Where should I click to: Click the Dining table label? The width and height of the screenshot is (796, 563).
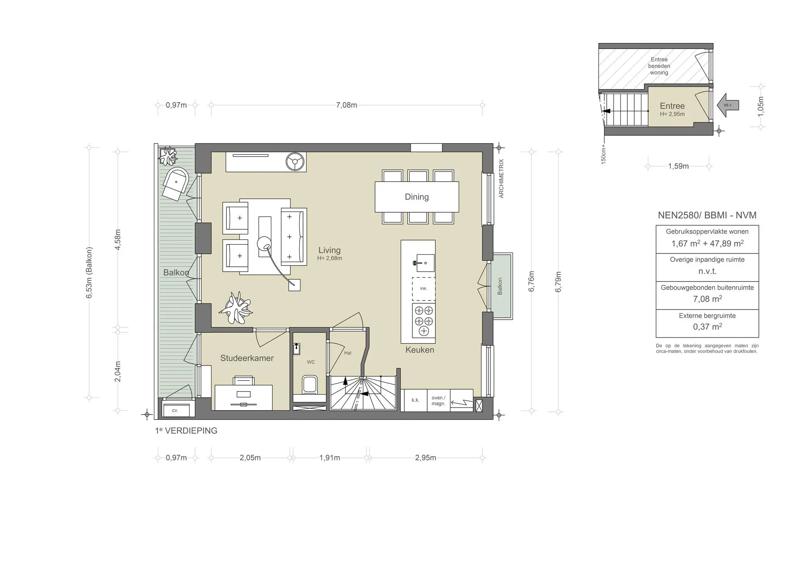click(417, 197)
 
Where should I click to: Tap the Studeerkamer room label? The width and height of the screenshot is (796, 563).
click(247, 358)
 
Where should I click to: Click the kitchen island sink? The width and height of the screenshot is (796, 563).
click(423, 263)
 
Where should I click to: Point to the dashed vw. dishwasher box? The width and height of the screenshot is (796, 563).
click(423, 288)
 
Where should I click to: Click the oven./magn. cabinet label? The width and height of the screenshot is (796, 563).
click(438, 400)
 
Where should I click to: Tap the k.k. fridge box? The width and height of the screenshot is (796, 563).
click(415, 400)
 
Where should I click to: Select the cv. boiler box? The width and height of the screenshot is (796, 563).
click(176, 410)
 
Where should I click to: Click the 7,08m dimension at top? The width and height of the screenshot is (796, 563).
click(346, 105)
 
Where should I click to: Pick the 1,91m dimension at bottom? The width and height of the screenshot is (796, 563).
click(330, 458)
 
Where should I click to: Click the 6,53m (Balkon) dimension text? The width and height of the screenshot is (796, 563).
click(89, 273)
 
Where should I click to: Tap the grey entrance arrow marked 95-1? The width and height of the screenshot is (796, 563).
click(728, 105)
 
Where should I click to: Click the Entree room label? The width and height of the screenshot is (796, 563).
click(672, 106)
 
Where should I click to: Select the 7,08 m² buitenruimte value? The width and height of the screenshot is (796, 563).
click(707, 299)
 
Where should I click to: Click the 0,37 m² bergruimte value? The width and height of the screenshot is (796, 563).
click(707, 327)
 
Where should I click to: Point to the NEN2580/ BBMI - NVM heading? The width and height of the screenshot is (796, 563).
click(707, 215)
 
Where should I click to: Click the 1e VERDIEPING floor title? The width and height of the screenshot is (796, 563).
click(186, 431)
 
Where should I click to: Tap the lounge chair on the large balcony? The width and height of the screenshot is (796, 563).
click(176, 184)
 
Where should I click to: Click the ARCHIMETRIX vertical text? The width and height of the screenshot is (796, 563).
click(501, 178)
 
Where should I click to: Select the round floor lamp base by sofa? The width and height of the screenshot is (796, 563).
click(264, 243)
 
